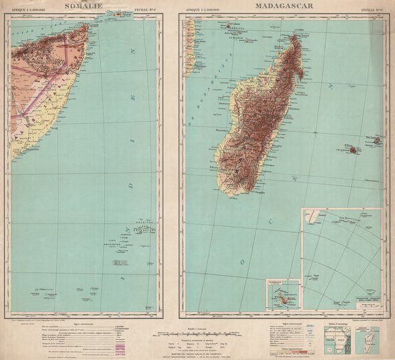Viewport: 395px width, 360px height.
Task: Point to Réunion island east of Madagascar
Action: pos(352,151)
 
